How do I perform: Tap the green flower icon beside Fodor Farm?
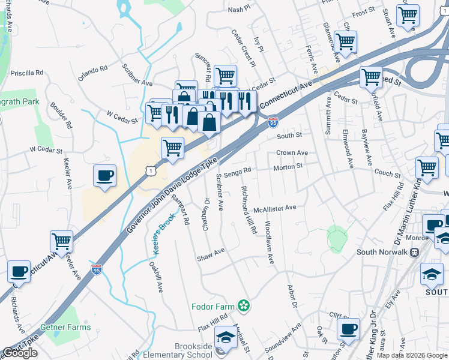pyautogui.click(x=243, y=307)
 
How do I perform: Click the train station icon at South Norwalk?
pyautogui.click(x=414, y=252)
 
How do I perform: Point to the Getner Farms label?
pyautogui.click(x=65, y=328)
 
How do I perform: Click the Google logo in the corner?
pyautogui.click(x=20, y=353)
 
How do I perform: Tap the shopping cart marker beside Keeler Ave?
pyautogui.click(x=62, y=241)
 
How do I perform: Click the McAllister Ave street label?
pyautogui.click(x=275, y=208)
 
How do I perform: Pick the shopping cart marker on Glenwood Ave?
pyautogui.click(x=345, y=41)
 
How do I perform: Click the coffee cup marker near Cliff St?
pyautogui.click(x=348, y=328)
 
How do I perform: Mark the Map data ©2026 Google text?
pyautogui.click(x=411, y=355)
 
